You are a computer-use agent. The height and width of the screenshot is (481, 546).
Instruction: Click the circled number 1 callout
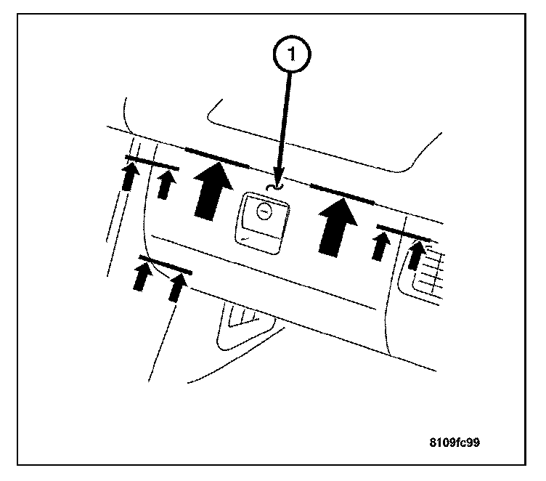pos(291,54)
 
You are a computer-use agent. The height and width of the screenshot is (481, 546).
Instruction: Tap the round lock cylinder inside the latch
pos(264,211)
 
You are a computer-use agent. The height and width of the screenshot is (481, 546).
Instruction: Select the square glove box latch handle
pos(263,222)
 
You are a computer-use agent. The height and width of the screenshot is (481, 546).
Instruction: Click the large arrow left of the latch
pos(213,192)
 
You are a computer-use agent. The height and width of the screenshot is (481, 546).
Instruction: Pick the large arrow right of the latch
pos(338,227)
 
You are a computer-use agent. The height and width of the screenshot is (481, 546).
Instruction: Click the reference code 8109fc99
pos(455,442)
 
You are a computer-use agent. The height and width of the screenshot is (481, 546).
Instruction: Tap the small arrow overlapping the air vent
pos(416,255)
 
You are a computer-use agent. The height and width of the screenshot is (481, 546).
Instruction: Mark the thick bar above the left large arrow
pos(217,158)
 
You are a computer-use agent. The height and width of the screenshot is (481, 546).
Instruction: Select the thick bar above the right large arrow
pos(343,193)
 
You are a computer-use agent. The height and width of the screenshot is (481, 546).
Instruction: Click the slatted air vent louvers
pos(428,271)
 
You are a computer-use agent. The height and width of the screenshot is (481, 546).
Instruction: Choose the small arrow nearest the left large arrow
pos(166,185)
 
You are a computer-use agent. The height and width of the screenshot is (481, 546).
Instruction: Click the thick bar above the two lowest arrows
pos(166,264)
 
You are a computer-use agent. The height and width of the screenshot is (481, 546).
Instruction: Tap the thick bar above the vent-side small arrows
pos(403,233)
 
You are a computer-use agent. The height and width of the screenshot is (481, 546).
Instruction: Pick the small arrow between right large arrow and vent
pos(380,246)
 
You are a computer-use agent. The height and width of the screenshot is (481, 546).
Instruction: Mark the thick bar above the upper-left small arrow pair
pos(152,163)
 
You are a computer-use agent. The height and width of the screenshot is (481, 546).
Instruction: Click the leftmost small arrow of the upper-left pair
pos(129,178)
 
